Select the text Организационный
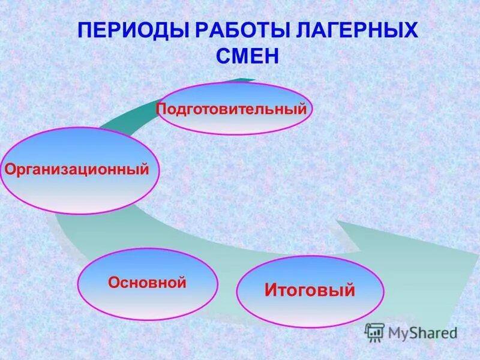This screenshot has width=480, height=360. coord(77,170)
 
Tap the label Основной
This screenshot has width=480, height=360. coord(147,283)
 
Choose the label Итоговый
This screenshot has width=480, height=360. coord(310,291)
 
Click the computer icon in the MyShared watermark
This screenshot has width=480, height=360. coord(374,332)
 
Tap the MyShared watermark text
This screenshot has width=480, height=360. coord(422,332)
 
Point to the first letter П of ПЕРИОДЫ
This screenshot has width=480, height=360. coord(86,31)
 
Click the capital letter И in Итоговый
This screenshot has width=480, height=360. coord(271,291)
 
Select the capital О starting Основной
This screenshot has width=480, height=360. coord(113,283)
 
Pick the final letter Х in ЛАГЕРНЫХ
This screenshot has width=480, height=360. coord(409,31)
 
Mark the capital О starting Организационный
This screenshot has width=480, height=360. coord(10,170)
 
